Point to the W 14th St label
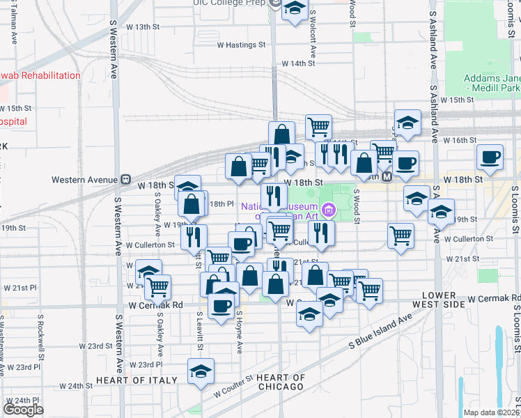click(x=298, y=63)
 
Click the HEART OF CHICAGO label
click(x=280, y=382)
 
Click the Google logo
click(x=23, y=409)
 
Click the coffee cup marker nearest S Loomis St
click(x=490, y=157)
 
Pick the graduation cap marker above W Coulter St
click(x=201, y=371)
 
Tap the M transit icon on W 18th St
click(x=387, y=177)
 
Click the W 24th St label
click(x=76, y=385)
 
